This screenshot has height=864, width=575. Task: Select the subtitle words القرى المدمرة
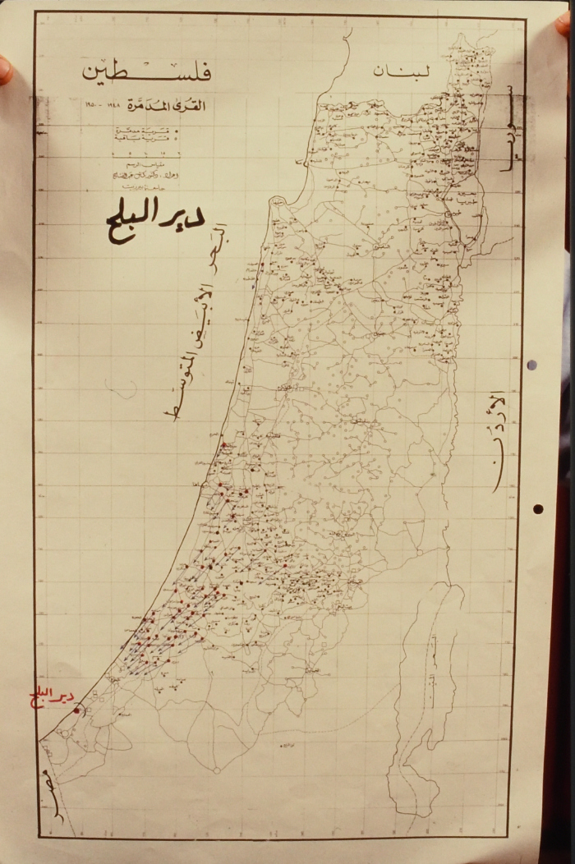(x=169, y=108)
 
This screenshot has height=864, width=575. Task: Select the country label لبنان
(x=402, y=71)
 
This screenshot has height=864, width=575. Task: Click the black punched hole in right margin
(x=537, y=508)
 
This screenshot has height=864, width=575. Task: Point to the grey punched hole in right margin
(x=531, y=365)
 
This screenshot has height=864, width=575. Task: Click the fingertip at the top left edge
(x=5, y=69)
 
